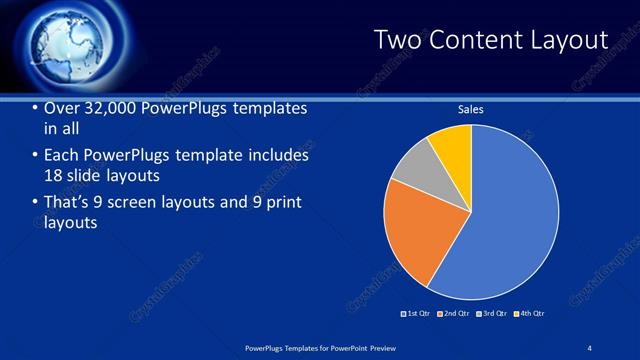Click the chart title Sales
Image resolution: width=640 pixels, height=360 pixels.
point(471,109)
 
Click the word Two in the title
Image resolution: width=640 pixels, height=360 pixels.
point(397,40)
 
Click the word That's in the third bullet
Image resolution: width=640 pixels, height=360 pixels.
point(67,203)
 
